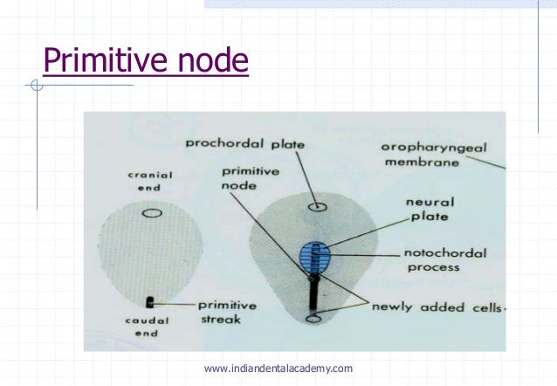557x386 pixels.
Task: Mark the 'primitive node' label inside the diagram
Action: pyautogui.click(x=237, y=180)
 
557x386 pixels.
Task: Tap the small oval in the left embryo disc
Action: pyautogui.click(x=152, y=212)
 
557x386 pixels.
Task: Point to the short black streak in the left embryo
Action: pyautogui.click(x=151, y=302)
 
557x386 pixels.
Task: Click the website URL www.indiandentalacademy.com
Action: pyautogui.click(x=278, y=369)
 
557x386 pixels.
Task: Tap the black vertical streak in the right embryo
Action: pyautogui.click(x=313, y=294)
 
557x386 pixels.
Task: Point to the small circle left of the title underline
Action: pyautogui.click(x=36, y=86)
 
